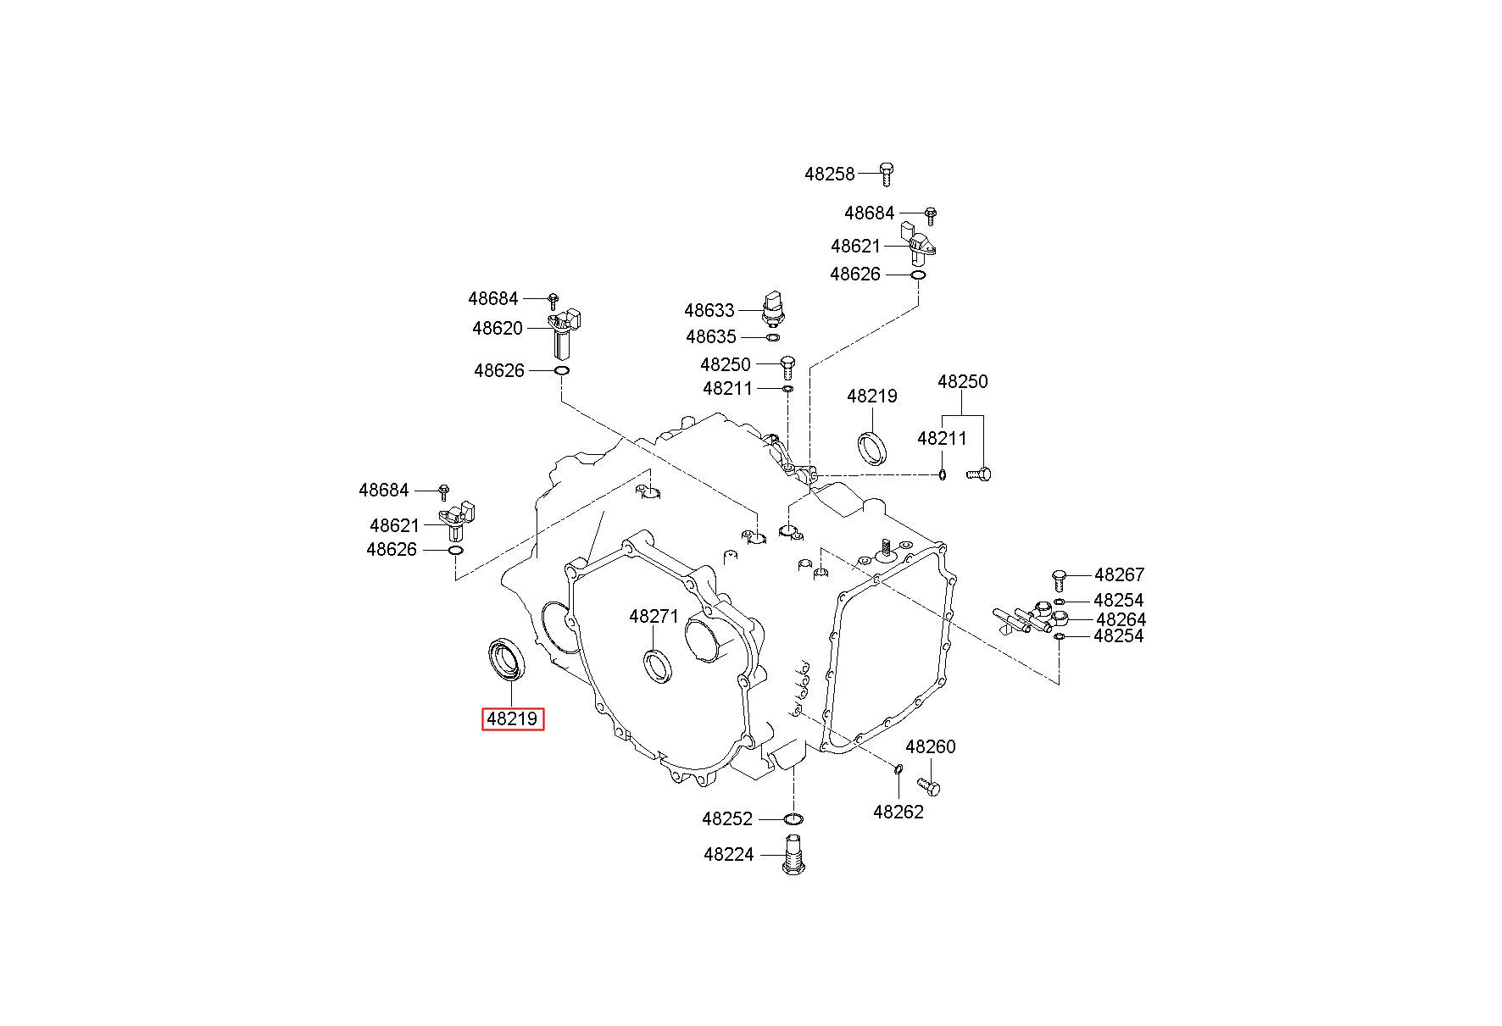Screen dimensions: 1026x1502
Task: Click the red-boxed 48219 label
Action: pyautogui.click(x=512, y=719)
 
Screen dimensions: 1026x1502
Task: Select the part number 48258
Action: pyautogui.click(x=829, y=174)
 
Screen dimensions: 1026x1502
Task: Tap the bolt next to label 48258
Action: pyautogui.click(x=886, y=173)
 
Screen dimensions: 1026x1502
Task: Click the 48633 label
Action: pyautogui.click(x=709, y=310)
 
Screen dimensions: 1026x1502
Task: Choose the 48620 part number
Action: pyautogui.click(x=498, y=328)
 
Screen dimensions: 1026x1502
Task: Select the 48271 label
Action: pyautogui.click(x=654, y=616)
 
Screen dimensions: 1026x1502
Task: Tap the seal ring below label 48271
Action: pyautogui.click(x=659, y=663)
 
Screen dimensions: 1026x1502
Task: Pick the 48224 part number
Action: pyautogui.click(x=728, y=854)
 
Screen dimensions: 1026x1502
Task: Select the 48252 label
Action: pyautogui.click(x=727, y=818)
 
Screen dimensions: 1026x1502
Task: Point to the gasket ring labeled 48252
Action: pyautogui.click(x=793, y=819)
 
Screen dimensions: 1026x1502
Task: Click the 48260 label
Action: pyautogui.click(x=930, y=746)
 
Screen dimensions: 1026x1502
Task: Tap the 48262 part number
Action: pyautogui.click(x=898, y=812)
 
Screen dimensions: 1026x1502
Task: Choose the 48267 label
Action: pyautogui.click(x=1119, y=574)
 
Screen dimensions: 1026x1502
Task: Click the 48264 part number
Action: pyautogui.click(x=1121, y=619)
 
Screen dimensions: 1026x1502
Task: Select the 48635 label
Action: pyautogui.click(x=711, y=337)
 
